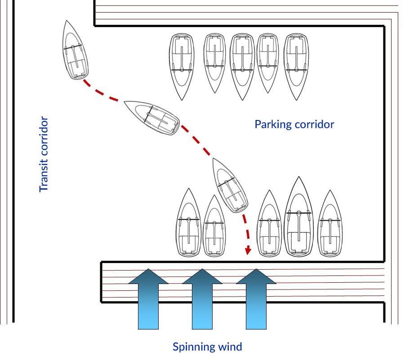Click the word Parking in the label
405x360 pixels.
(x=272, y=124)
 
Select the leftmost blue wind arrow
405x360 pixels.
(x=148, y=299)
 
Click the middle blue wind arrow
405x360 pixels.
(x=202, y=299)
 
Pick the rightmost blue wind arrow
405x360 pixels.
(x=256, y=299)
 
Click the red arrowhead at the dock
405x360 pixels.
(x=247, y=250)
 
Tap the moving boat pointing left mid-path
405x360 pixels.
(x=152, y=117)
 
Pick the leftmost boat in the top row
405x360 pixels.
(x=182, y=66)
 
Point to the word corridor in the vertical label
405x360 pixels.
(x=44, y=135)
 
